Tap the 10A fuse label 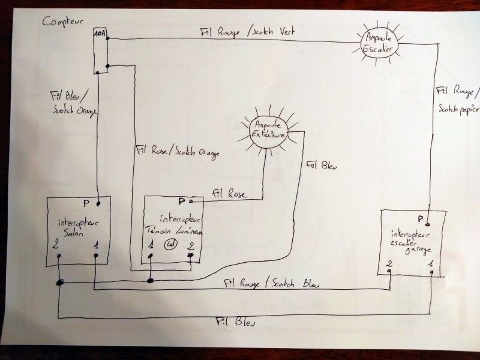click(100, 34)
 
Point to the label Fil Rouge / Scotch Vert click(249, 31)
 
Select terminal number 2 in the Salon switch click(55, 246)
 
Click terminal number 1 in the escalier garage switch click(429, 262)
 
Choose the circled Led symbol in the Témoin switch click(170, 244)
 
